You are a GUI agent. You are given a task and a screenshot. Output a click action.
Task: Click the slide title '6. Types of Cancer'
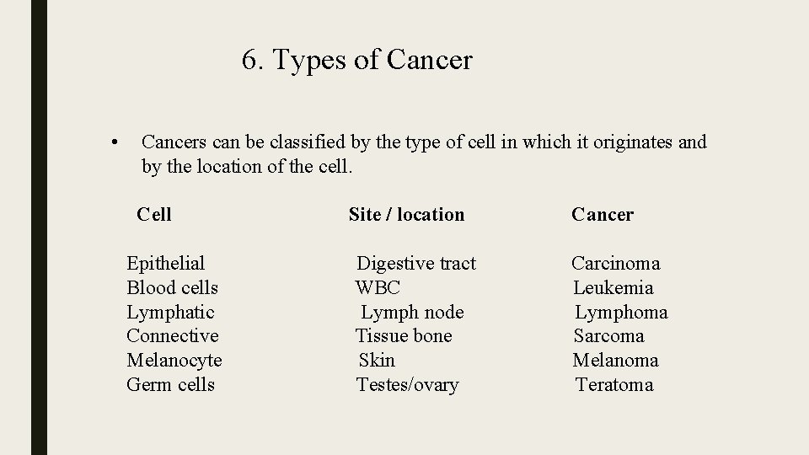point(356,61)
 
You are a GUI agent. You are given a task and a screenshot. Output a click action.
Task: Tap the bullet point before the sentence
point(114,142)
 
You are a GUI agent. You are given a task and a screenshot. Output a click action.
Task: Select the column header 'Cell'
point(153,215)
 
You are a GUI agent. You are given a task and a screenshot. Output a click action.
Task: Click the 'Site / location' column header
point(406,215)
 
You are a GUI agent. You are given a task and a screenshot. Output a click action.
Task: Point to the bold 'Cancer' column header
point(602,215)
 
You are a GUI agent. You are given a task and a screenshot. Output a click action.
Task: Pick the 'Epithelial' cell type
point(165,264)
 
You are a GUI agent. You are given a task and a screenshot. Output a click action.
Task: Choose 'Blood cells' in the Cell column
point(172,288)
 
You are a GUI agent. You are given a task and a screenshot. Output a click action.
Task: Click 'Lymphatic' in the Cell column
point(170,313)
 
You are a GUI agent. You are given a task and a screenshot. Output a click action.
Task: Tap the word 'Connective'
point(172,336)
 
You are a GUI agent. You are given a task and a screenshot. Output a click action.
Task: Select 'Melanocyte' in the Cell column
point(174,361)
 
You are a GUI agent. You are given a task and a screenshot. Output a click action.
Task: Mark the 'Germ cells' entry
point(170,385)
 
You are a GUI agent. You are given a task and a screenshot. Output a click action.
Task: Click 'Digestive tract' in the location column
point(416,264)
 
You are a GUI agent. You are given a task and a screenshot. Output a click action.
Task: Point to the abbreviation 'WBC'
point(378,288)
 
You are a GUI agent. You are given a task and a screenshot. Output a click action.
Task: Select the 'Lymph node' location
point(412,313)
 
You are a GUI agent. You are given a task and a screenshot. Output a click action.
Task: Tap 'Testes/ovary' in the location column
point(407,385)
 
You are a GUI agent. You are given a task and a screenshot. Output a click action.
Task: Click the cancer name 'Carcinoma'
point(615,264)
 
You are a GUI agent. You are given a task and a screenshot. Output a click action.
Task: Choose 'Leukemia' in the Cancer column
point(613,288)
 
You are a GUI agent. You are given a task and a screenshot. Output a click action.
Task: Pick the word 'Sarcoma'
point(608,336)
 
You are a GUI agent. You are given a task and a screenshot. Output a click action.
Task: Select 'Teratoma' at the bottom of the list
point(614,385)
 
